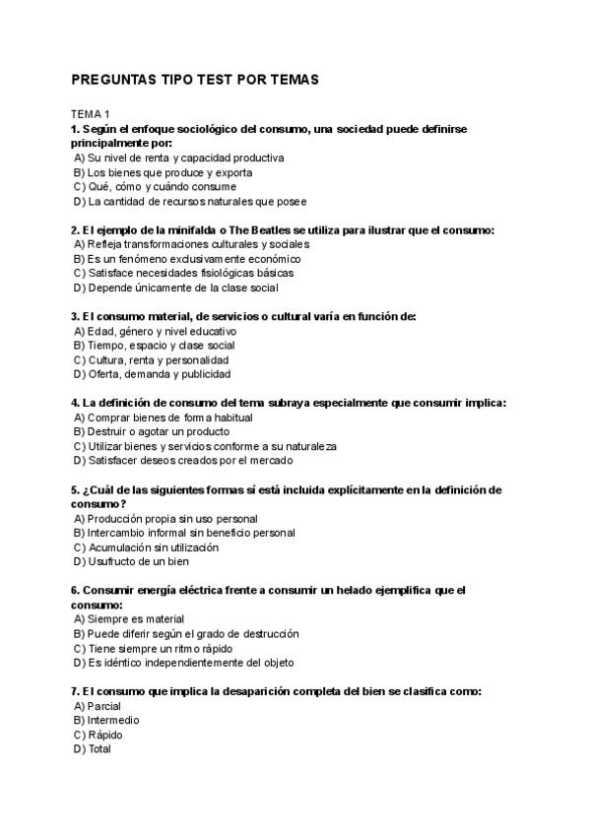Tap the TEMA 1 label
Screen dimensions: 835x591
(92, 114)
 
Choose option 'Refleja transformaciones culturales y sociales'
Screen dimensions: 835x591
(198, 243)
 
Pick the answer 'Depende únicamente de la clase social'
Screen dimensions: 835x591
(182, 288)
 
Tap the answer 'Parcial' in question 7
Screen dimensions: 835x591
(103, 706)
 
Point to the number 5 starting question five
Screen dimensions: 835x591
(75, 489)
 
